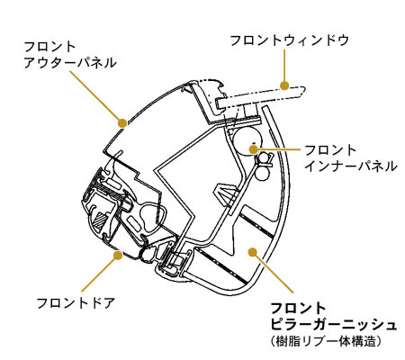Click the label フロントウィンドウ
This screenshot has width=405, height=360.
pos(289,40)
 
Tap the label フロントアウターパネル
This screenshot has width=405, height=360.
pos(69,55)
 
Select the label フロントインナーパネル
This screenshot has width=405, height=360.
pos(351,158)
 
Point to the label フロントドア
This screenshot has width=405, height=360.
pos(76,303)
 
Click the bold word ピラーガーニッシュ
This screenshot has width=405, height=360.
pos(333,325)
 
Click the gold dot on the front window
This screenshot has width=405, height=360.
pos(284,85)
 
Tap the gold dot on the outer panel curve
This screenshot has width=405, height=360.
pos(122,122)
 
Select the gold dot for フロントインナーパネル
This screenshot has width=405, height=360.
pos(254,148)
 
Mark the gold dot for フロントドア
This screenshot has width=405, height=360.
pos(118,256)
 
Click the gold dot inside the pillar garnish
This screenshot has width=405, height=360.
pos(253,252)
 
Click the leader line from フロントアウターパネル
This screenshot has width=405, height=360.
pos(95,97)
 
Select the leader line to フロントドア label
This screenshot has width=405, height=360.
pos(100,274)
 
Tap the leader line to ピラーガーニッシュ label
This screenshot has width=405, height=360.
pos(273,272)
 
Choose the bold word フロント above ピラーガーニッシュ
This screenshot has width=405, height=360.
pos(298,309)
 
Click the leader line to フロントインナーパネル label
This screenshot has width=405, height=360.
pos(277,149)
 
